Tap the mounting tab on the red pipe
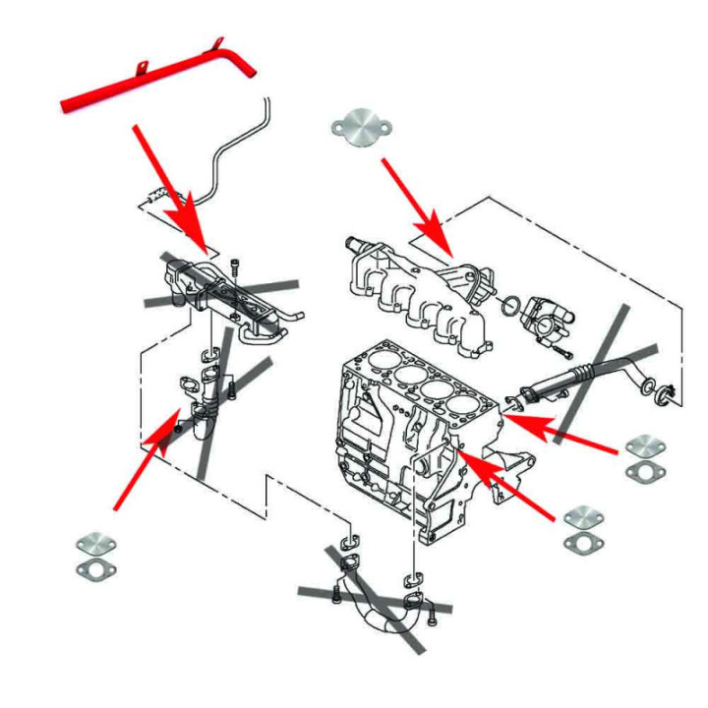point(142,70)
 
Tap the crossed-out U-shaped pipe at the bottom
point(379,610)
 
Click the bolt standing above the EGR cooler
point(234,266)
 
